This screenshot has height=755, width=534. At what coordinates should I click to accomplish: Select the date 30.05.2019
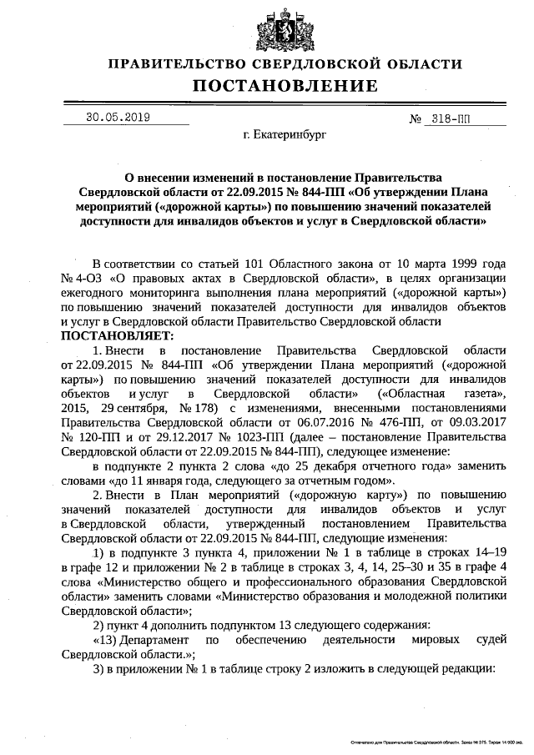(118, 118)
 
